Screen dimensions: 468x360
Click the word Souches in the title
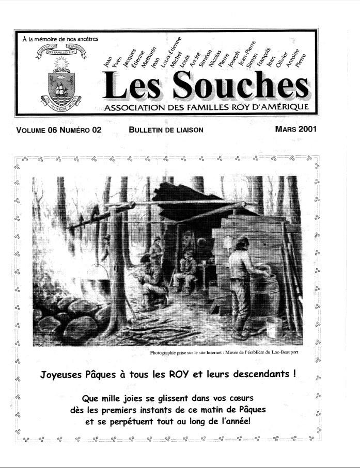pyautogui.click(x=242, y=85)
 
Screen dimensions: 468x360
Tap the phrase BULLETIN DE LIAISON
pyautogui.click(x=166, y=130)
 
